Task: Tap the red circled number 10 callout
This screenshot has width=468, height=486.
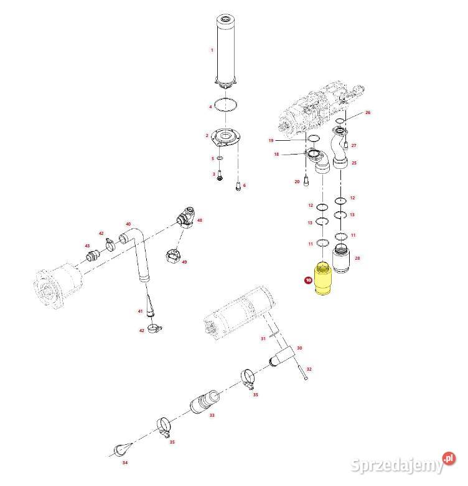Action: click(x=307, y=281)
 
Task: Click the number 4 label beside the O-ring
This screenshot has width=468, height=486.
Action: click(x=210, y=107)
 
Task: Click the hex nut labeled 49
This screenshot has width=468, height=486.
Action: click(x=175, y=255)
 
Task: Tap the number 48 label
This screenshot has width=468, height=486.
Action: click(x=200, y=220)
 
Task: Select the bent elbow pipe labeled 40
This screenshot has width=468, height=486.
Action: click(x=138, y=255)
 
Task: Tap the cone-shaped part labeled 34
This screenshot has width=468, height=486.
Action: click(x=121, y=450)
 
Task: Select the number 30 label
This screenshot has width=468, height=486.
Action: click(x=299, y=348)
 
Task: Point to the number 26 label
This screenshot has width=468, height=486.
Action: click(x=367, y=113)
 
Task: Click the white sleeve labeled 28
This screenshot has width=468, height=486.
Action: click(x=342, y=259)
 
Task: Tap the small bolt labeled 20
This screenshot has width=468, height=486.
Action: click(x=306, y=182)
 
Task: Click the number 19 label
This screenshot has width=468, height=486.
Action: click(x=271, y=140)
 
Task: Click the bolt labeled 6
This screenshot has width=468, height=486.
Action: click(x=237, y=184)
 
